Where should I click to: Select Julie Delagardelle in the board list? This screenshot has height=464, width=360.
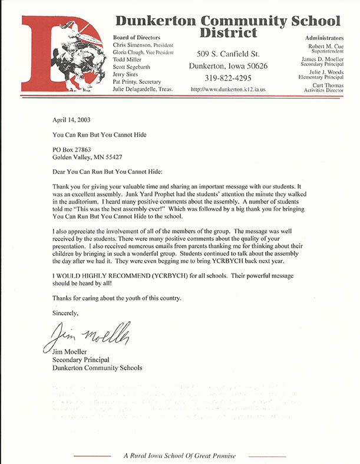pyautogui.click(x=136, y=89)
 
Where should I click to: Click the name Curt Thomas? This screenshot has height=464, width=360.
pyautogui.click(x=325, y=85)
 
